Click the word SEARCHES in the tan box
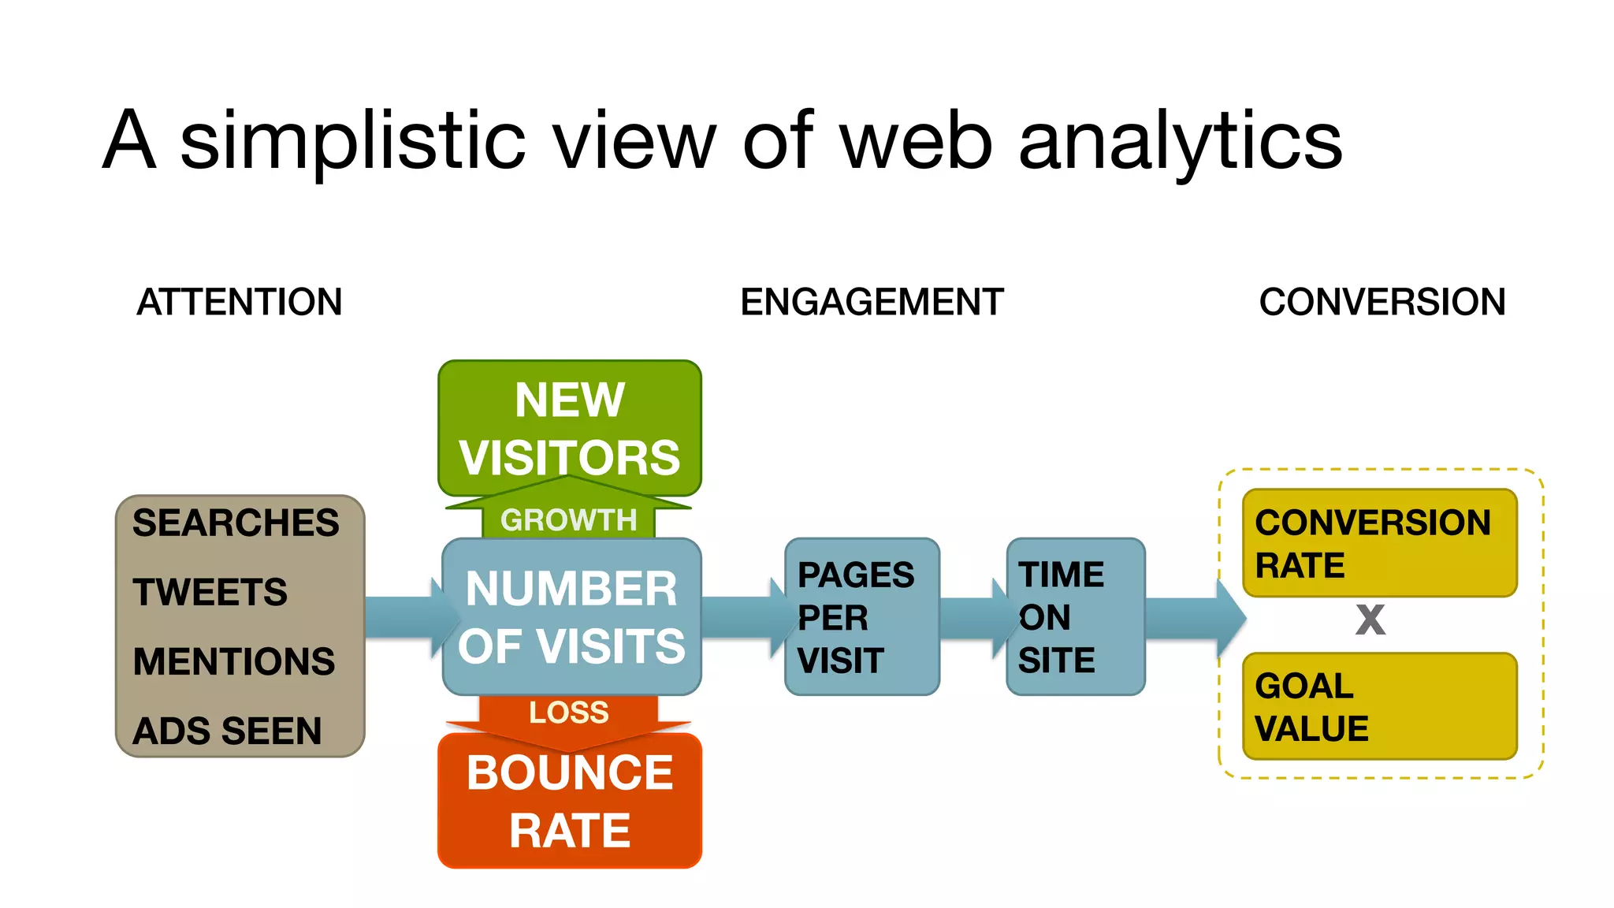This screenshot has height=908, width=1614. tap(235, 523)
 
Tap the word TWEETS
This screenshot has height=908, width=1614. tap(210, 593)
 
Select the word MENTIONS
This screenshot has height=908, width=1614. tap(233, 662)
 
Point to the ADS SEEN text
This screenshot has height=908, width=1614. tap(227, 731)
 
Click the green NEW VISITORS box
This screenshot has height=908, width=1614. tap(569, 428)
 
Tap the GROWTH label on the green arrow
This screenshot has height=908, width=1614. tap(568, 520)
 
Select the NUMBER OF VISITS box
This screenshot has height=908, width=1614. tap(571, 617)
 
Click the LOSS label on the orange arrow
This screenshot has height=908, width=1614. tap(568, 713)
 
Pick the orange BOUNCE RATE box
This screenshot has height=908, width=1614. tap(569, 801)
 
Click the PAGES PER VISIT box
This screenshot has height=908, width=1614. tap(861, 617)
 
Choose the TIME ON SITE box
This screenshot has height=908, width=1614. tap(1075, 617)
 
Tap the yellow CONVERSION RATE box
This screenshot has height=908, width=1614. tap(1379, 543)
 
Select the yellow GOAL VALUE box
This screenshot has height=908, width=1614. tap(1379, 706)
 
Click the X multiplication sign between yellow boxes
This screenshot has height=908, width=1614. tap(1370, 620)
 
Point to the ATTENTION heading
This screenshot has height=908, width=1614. tap(239, 302)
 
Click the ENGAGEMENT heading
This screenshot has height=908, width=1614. tap(872, 302)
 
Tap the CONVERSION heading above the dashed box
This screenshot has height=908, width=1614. tap(1382, 302)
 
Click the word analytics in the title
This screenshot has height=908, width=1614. tap(1180, 142)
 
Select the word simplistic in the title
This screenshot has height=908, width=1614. tap(352, 142)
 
